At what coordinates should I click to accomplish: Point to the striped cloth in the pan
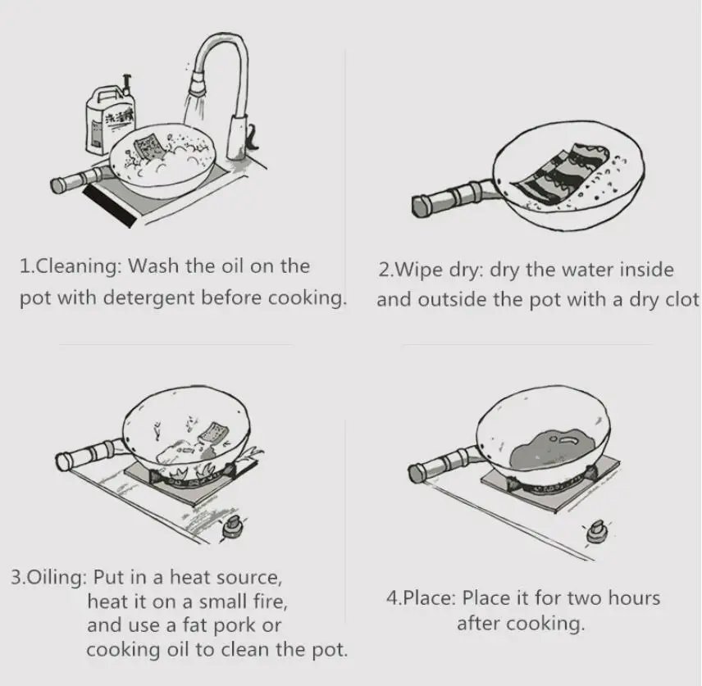pyautogui.click(x=571, y=173)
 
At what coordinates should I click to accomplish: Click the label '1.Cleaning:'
pyautogui.click(x=71, y=266)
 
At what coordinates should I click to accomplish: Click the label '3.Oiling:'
pyautogui.click(x=48, y=576)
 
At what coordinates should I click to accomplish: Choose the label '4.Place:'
pyautogui.click(x=420, y=597)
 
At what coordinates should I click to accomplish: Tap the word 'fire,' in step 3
pyautogui.click(x=267, y=602)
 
